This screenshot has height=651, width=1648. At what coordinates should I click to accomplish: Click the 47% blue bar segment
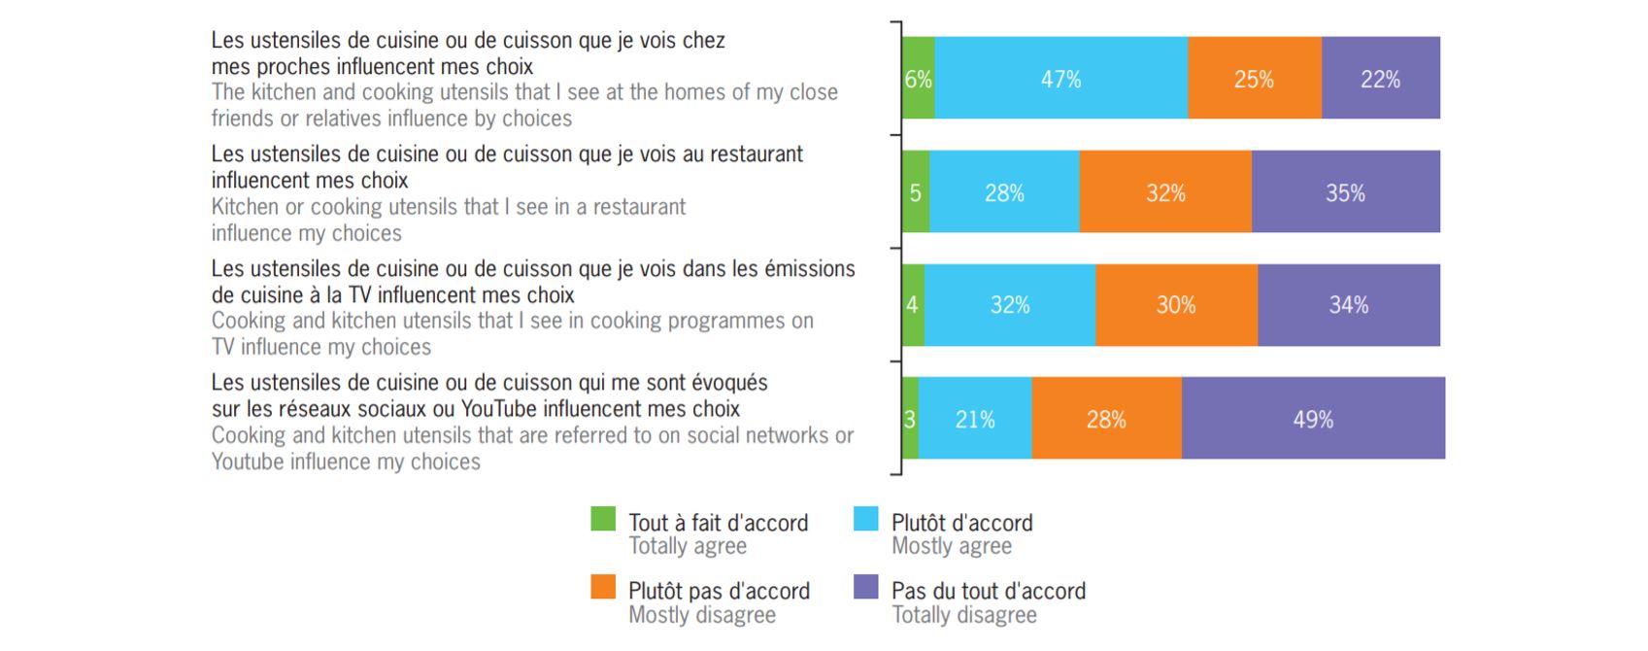pyautogui.click(x=1060, y=79)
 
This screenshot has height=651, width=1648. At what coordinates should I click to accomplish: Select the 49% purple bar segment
pyautogui.click(x=1313, y=419)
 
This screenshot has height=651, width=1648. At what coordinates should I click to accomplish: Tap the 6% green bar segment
pyautogui.click(x=918, y=79)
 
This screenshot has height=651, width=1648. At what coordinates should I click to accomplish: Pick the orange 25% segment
pyautogui.click(x=1254, y=79)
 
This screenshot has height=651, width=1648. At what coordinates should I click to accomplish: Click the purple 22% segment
pyautogui.click(x=1380, y=79)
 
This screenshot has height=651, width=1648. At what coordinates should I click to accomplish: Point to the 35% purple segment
pyautogui.click(x=1345, y=192)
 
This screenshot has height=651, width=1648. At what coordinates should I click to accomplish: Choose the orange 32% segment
pyautogui.click(x=1165, y=192)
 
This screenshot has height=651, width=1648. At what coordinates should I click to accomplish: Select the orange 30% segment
pyautogui.click(x=1176, y=305)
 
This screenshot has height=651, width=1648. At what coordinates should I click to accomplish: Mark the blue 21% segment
pyautogui.click(x=975, y=419)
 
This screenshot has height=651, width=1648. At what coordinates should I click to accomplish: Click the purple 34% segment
pyautogui.click(x=1348, y=305)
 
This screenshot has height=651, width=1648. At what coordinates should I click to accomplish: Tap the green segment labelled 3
pyautogui.click(x=910, y=419)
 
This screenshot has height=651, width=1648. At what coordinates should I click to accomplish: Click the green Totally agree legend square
pyautogui.click(x=603, y=519)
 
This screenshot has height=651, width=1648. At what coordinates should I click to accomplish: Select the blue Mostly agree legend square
pyautogui.click(x=865, y=519)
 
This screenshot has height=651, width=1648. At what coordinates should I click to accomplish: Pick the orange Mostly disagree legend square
pyautogui.click(x=603, y=587)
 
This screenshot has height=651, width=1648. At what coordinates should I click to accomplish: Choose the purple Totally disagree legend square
pyautogui.click(x=865, y=587)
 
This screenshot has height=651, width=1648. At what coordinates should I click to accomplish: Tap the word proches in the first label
pyautogui.click(x=292, y=67)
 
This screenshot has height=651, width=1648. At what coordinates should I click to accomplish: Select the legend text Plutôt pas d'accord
pyautogui.click(x=719, y=591)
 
